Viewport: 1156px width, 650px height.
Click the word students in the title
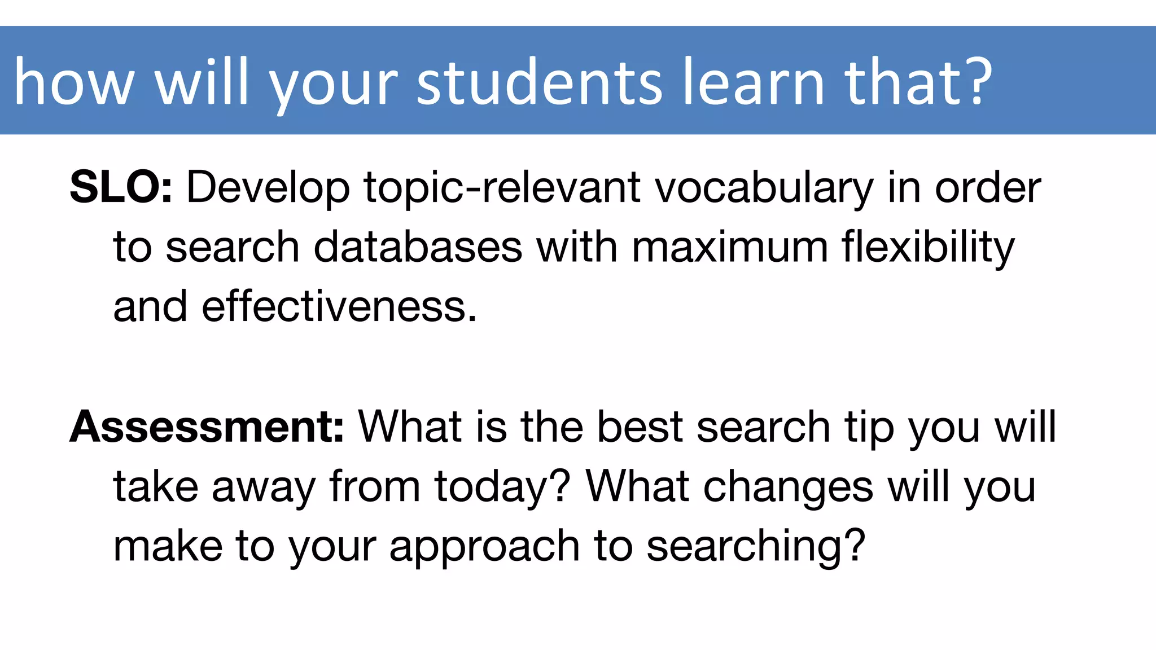pos(539,83)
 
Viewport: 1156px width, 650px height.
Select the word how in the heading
pos(73,83)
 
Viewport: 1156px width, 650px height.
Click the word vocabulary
pos(764,188)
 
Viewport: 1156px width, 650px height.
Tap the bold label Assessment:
pos(207,427)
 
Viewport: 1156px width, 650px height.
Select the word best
pos(640,427)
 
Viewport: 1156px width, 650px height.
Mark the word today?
pos(503,487)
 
